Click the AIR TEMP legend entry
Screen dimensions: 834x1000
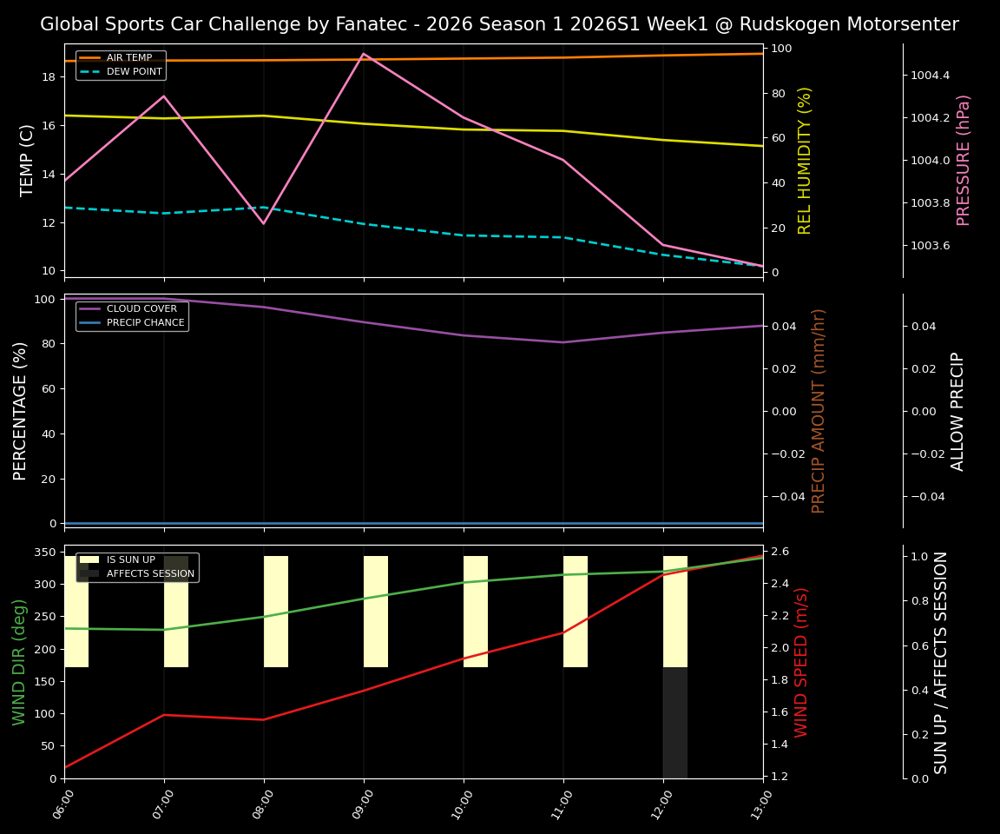pos(128,58)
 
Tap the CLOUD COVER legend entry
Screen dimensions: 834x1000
pos(141,309)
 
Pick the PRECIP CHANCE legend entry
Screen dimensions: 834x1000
pos(145,323)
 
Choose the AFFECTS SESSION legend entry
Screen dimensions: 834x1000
pos(149,573)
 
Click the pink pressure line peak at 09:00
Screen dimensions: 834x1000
pos(364,54)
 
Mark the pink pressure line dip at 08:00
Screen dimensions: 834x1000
pos(264,223)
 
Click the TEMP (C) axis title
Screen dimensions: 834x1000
pos(28,160)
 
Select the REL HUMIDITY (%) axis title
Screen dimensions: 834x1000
pos(805,160)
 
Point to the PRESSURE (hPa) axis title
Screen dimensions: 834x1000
pos(964,160)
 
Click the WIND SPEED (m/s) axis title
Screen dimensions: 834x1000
pos(801,662)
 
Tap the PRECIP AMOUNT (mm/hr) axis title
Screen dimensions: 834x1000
pos(819,410)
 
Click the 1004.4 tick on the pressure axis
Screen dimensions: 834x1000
pos(930,76)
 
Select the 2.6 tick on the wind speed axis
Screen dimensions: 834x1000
pos(780,552)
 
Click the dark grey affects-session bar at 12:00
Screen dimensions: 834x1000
pos(674,722)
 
